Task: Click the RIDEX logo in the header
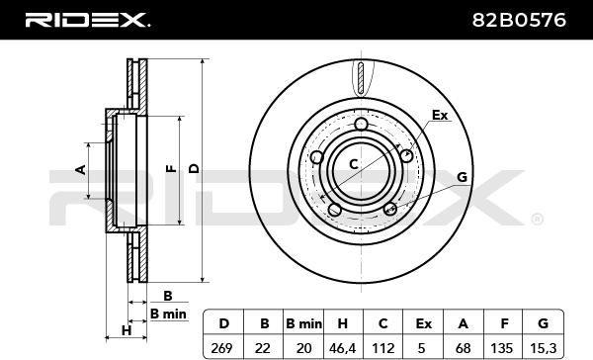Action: coord(87,20)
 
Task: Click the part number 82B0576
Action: coord(519,20)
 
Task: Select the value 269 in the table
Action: coord(222,348)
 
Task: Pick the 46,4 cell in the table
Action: coord(342,348)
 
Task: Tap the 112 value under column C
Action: coord(383,348)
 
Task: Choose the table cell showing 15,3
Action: coord(543,348)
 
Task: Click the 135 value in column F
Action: coord(502,348)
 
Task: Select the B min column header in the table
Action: coord(304,323)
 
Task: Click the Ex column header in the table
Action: coord(424,323)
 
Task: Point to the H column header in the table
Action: coord(342,323)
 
